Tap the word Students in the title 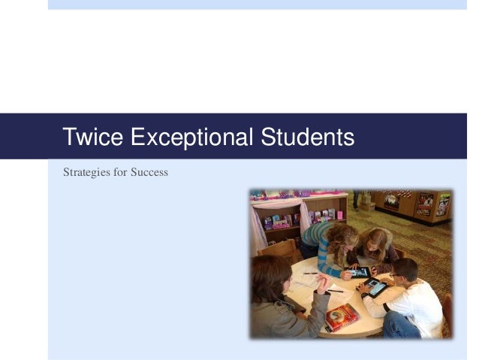[306, 138]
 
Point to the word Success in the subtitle [150, 172]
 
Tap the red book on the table [342, 317]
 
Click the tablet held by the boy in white [374, 286]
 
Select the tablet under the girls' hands [358, 272]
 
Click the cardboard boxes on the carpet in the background [365, 201]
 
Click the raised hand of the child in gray [321, 282]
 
